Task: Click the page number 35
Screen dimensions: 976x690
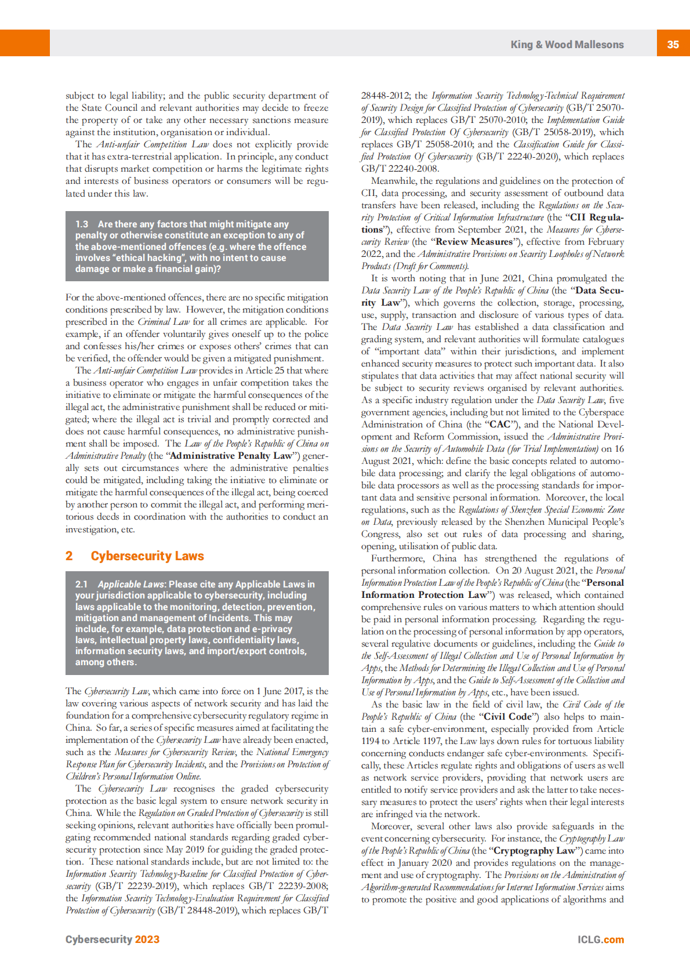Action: click(x=673, y=44)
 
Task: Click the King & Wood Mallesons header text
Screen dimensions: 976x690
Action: click(x=566, y=45)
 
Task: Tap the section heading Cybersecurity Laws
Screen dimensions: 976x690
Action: click(x=147, y=556)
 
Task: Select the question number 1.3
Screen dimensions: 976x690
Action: click(x=82, y=224)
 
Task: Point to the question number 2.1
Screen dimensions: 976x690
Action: click(x=81, y=584)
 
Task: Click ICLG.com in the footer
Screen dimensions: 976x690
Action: click(x=600, y=939)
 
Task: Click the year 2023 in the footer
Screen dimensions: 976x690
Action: click(x=147, y=939)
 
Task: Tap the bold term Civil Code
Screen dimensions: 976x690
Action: click(x=507, y=717)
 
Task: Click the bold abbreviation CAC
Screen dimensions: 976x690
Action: click(x=500, y=424)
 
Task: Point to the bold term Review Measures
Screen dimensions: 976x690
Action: click(x=474, y=242)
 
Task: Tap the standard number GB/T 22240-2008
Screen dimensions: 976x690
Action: click(x=400, y=169)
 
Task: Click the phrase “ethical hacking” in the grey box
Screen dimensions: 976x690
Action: click(x=146, y=257)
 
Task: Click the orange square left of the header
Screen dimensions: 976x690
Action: click(x=25, y=43)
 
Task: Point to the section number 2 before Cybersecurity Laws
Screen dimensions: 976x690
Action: click(x=69, y=556)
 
